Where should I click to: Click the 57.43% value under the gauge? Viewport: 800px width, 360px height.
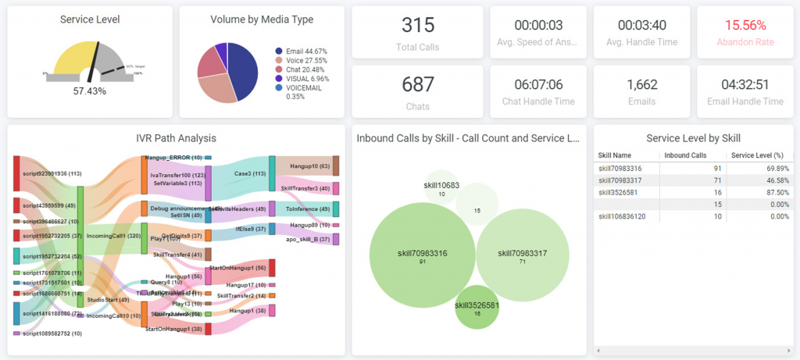point(89,91)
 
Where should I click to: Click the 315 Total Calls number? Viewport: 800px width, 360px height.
point(417,25)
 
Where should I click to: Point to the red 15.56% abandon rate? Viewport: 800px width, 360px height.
point(745,25)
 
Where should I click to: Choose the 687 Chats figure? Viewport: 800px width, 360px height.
point(417,84)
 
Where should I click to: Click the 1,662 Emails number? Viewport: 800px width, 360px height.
point(641,84)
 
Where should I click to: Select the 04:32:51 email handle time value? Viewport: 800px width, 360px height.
point(745,84)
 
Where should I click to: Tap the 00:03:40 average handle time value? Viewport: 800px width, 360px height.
point(641,25)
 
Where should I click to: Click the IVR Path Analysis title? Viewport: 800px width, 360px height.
point(176,138)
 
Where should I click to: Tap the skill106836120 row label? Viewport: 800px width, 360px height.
point(624,216)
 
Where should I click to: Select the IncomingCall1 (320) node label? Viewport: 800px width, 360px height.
point(113,235)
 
